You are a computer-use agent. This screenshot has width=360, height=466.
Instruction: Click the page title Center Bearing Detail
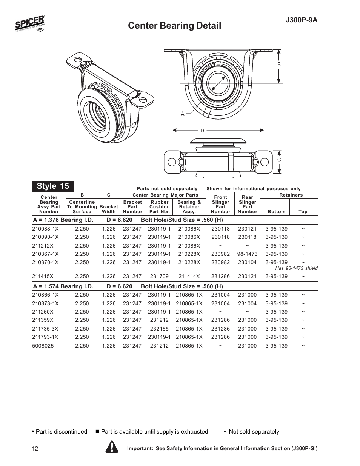tap(174, 26)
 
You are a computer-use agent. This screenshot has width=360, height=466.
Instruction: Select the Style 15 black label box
tap(53, 186)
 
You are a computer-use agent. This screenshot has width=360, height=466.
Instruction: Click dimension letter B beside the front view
tap(279, 65)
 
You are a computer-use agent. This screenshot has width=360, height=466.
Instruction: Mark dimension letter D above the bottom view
tap(202, 131)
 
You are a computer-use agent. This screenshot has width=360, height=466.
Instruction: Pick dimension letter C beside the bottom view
tap(279, 160)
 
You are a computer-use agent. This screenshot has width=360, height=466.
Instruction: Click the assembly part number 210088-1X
tap(45, 229)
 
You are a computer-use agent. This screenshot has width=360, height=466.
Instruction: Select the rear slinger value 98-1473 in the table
tap(247, 254)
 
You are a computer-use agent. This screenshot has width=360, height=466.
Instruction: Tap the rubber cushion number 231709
tap(159, 276)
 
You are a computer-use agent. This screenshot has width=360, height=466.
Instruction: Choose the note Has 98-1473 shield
tap(296, 268)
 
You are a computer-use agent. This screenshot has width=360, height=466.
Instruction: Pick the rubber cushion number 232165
tap(159, 329)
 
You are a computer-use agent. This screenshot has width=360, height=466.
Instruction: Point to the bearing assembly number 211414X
tap(189, 276)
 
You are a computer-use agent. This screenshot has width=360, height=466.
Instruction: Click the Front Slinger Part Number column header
tap(220, 204)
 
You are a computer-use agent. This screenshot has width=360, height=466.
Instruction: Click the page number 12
tap(35, 449)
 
